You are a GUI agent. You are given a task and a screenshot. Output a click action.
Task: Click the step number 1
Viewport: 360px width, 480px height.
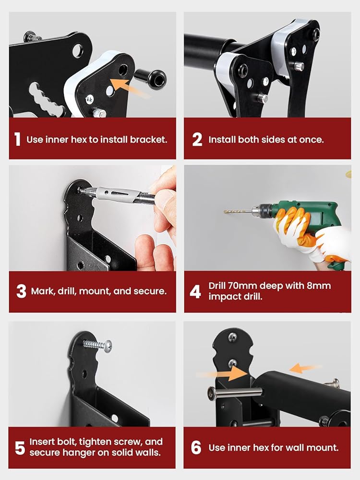click(17, 139)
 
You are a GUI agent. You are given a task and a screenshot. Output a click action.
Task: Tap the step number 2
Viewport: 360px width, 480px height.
click(197, 140)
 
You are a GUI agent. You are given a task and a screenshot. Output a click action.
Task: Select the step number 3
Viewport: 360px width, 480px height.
click(21, 291)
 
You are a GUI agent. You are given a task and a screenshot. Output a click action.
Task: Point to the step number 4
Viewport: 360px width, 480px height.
click(195, 291)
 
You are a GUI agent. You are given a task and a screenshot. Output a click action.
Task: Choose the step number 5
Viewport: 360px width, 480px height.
click(20, 448)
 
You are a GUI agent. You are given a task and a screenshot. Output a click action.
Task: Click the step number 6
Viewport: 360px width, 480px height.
click(196, 447)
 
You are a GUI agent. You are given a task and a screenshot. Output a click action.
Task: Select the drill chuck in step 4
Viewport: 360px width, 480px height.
click(261, 210)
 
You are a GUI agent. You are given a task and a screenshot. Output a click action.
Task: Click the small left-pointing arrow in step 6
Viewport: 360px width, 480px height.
click(305, 368)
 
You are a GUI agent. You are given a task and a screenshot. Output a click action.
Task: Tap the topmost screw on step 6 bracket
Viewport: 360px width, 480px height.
click(233, 337)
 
